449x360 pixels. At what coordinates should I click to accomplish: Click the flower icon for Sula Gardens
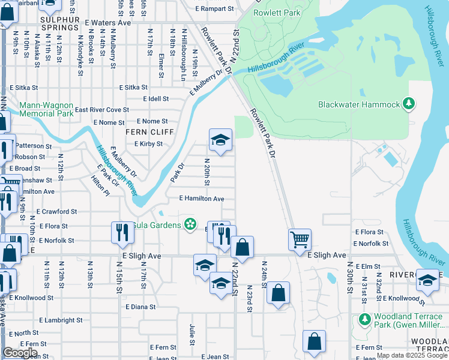point(190,224)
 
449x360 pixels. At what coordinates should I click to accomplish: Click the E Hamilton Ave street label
point(202,199)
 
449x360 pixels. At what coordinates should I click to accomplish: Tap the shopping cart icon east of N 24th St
point(300,239)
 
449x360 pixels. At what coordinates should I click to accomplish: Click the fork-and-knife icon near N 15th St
point(122,232)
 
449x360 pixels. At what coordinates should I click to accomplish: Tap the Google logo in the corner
point(20,353)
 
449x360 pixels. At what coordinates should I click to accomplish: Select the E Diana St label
point(140,307)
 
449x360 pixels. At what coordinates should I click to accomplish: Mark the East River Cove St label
point(102,110)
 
